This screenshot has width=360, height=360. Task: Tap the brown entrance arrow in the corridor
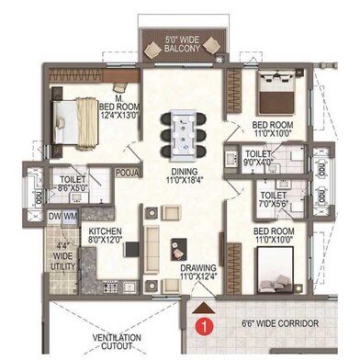coord(203,309)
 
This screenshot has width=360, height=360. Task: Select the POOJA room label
coord(129,173)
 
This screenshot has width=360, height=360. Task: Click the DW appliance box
coord(54,217)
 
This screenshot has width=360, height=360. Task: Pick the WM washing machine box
coord(70,217)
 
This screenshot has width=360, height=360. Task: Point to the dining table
coord(184,135)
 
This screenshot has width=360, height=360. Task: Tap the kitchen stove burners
coord(110,287)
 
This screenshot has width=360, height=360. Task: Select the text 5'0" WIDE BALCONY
coord(182,44)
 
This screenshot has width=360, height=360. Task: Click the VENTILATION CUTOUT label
coord(117,342)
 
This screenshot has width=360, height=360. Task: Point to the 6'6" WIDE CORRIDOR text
coord(280,323)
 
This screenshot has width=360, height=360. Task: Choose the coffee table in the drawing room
coord(179,249)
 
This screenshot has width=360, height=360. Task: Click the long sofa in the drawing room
coord(152,249)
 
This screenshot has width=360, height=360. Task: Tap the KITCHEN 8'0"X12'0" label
coord(105,235)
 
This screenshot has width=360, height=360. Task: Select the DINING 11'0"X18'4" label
coord(185,175)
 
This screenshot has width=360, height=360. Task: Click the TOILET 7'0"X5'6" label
coord(274,199)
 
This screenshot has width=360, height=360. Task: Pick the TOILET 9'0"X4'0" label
coord(258,158)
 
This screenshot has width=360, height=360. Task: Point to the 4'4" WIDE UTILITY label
coord(62,255)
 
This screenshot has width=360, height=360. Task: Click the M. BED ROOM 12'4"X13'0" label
coord(119,107)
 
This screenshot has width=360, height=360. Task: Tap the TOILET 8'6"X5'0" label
coord(73,184)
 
